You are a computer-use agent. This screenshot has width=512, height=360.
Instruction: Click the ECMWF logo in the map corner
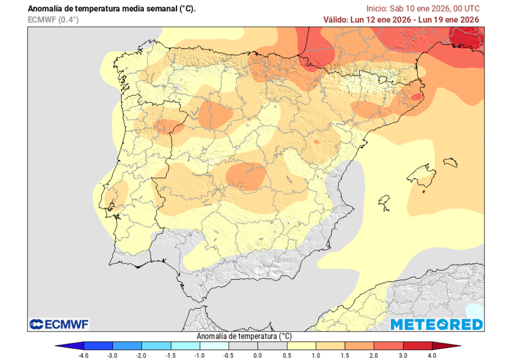(59, 324)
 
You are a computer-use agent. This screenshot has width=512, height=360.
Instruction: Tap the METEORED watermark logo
(436, 324)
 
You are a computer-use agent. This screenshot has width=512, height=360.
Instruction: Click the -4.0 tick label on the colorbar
(84, 355)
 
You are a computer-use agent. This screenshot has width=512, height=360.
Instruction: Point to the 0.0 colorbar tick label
(257, 355)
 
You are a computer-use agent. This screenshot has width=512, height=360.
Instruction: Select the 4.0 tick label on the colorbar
(432, 355)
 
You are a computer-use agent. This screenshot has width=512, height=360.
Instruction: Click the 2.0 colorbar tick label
(374, 355)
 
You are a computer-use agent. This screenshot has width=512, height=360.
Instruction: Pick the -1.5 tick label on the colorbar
(171, 355)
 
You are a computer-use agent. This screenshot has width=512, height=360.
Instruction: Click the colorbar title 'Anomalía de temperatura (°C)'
(244, 336)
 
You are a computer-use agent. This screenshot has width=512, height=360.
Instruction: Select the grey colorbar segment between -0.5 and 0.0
(243, 345)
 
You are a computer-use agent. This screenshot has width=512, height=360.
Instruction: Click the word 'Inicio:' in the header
(378, 8)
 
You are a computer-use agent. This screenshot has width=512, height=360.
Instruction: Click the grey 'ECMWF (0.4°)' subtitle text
(53, 19)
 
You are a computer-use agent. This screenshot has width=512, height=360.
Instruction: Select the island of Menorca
(450, 162)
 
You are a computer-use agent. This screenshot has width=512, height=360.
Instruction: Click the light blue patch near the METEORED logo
(475, 310)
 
